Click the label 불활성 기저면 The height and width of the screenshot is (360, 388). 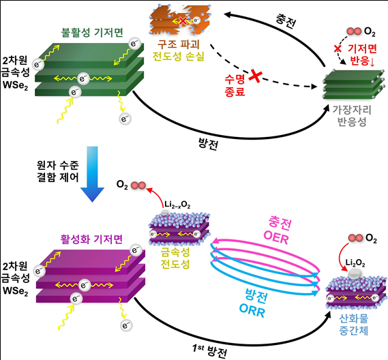point(89,32)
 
